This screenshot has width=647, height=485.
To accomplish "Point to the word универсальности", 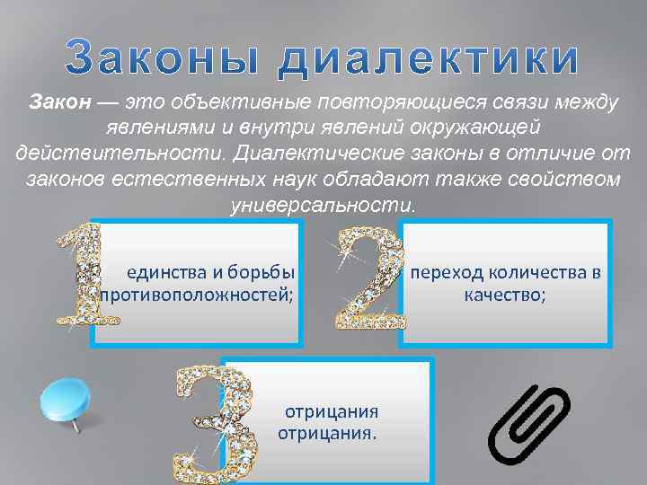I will (323, 204).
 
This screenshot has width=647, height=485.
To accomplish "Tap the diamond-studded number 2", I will (369, 278).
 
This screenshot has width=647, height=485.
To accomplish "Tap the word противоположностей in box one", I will (198, 295).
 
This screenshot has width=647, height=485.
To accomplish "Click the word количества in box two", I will (536, 271).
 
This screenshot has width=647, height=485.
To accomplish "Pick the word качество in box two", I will (504, 294).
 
